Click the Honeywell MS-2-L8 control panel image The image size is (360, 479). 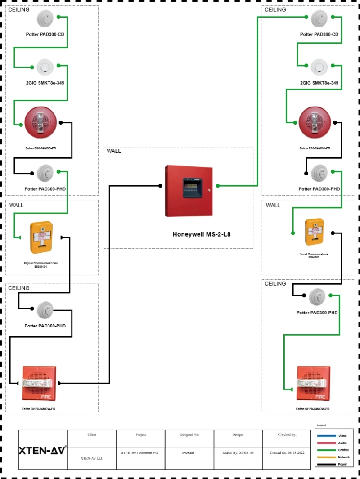point(189,191)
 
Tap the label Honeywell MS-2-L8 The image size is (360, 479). point(202,234)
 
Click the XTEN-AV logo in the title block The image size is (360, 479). point(43,451)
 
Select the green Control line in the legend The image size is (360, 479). point(333,450)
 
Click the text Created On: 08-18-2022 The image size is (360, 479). point(287,453)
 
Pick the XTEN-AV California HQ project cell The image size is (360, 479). point(140,453)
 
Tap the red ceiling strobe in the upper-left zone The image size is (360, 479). point(41,122)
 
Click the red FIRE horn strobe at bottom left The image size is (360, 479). point(39,383)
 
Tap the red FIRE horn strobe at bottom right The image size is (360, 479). point(314,383)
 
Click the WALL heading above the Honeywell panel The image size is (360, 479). point(114,151)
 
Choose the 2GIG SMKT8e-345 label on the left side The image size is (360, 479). point(45,83)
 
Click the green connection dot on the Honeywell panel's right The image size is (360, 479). point(217,185)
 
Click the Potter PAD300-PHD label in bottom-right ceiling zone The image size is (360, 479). point(317,312)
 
